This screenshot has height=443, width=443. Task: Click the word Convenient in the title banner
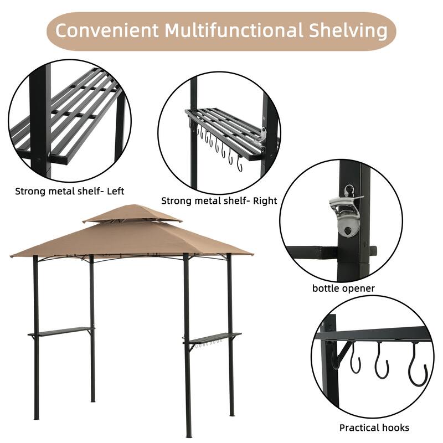(x=105, y=31)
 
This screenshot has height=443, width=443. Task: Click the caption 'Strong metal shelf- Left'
(x=70, y=192)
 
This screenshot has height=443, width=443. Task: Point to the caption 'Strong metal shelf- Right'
(x=219, y=201)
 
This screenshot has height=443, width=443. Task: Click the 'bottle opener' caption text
(x=343, y=289)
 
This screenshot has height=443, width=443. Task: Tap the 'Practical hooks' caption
(x=374, y=427)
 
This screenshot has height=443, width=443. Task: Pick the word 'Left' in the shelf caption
(x=116, y=192)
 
